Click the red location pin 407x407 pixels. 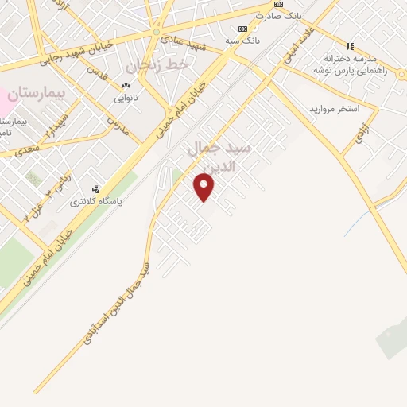[x=204, y=186]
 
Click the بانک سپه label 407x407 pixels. [x=242, y=39]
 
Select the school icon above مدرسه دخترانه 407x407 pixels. [x=350, y=45]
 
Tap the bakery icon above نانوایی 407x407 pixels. [x=126, y=85]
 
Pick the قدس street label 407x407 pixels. [x=96, y=74]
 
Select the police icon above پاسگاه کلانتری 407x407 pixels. [x=96, y=190]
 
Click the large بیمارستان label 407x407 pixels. [x=35, y=94]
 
